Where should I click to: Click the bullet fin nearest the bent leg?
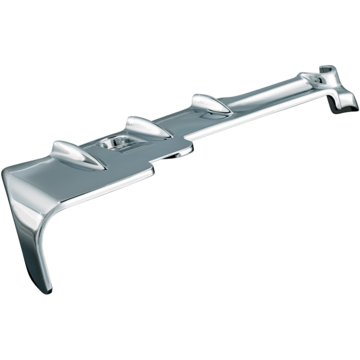72,153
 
